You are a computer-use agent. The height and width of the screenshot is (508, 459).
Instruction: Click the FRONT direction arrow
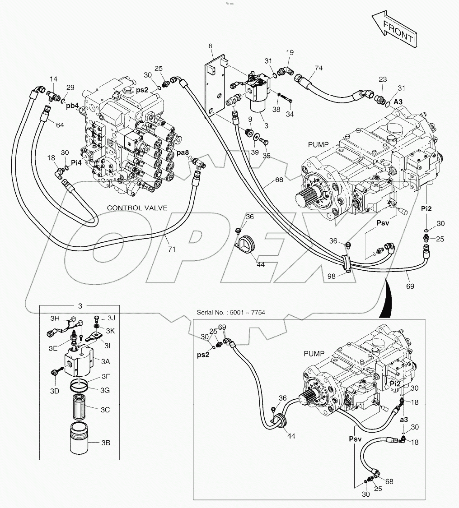pyautogui.click(x=393, y=31)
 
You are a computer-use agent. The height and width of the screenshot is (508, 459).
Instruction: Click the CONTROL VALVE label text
pyautogui.click(x=137, y=208)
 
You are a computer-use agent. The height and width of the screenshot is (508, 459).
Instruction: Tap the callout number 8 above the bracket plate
pyautogui.click(x=211, y=46)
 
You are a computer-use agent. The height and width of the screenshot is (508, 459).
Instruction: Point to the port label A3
pyautogui.click(x=398, y=102)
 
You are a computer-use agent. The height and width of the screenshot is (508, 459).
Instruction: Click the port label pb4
pyautogui.click(x=72, y=106)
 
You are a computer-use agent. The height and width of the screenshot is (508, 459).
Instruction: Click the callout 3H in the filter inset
pyautogui.click(x=55, y=319)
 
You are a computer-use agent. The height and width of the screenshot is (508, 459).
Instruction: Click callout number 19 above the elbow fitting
pyautogui.click(x=290, y=53)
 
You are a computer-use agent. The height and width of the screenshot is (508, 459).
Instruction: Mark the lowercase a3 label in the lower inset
pyautogui.click(x=404, y=419)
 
